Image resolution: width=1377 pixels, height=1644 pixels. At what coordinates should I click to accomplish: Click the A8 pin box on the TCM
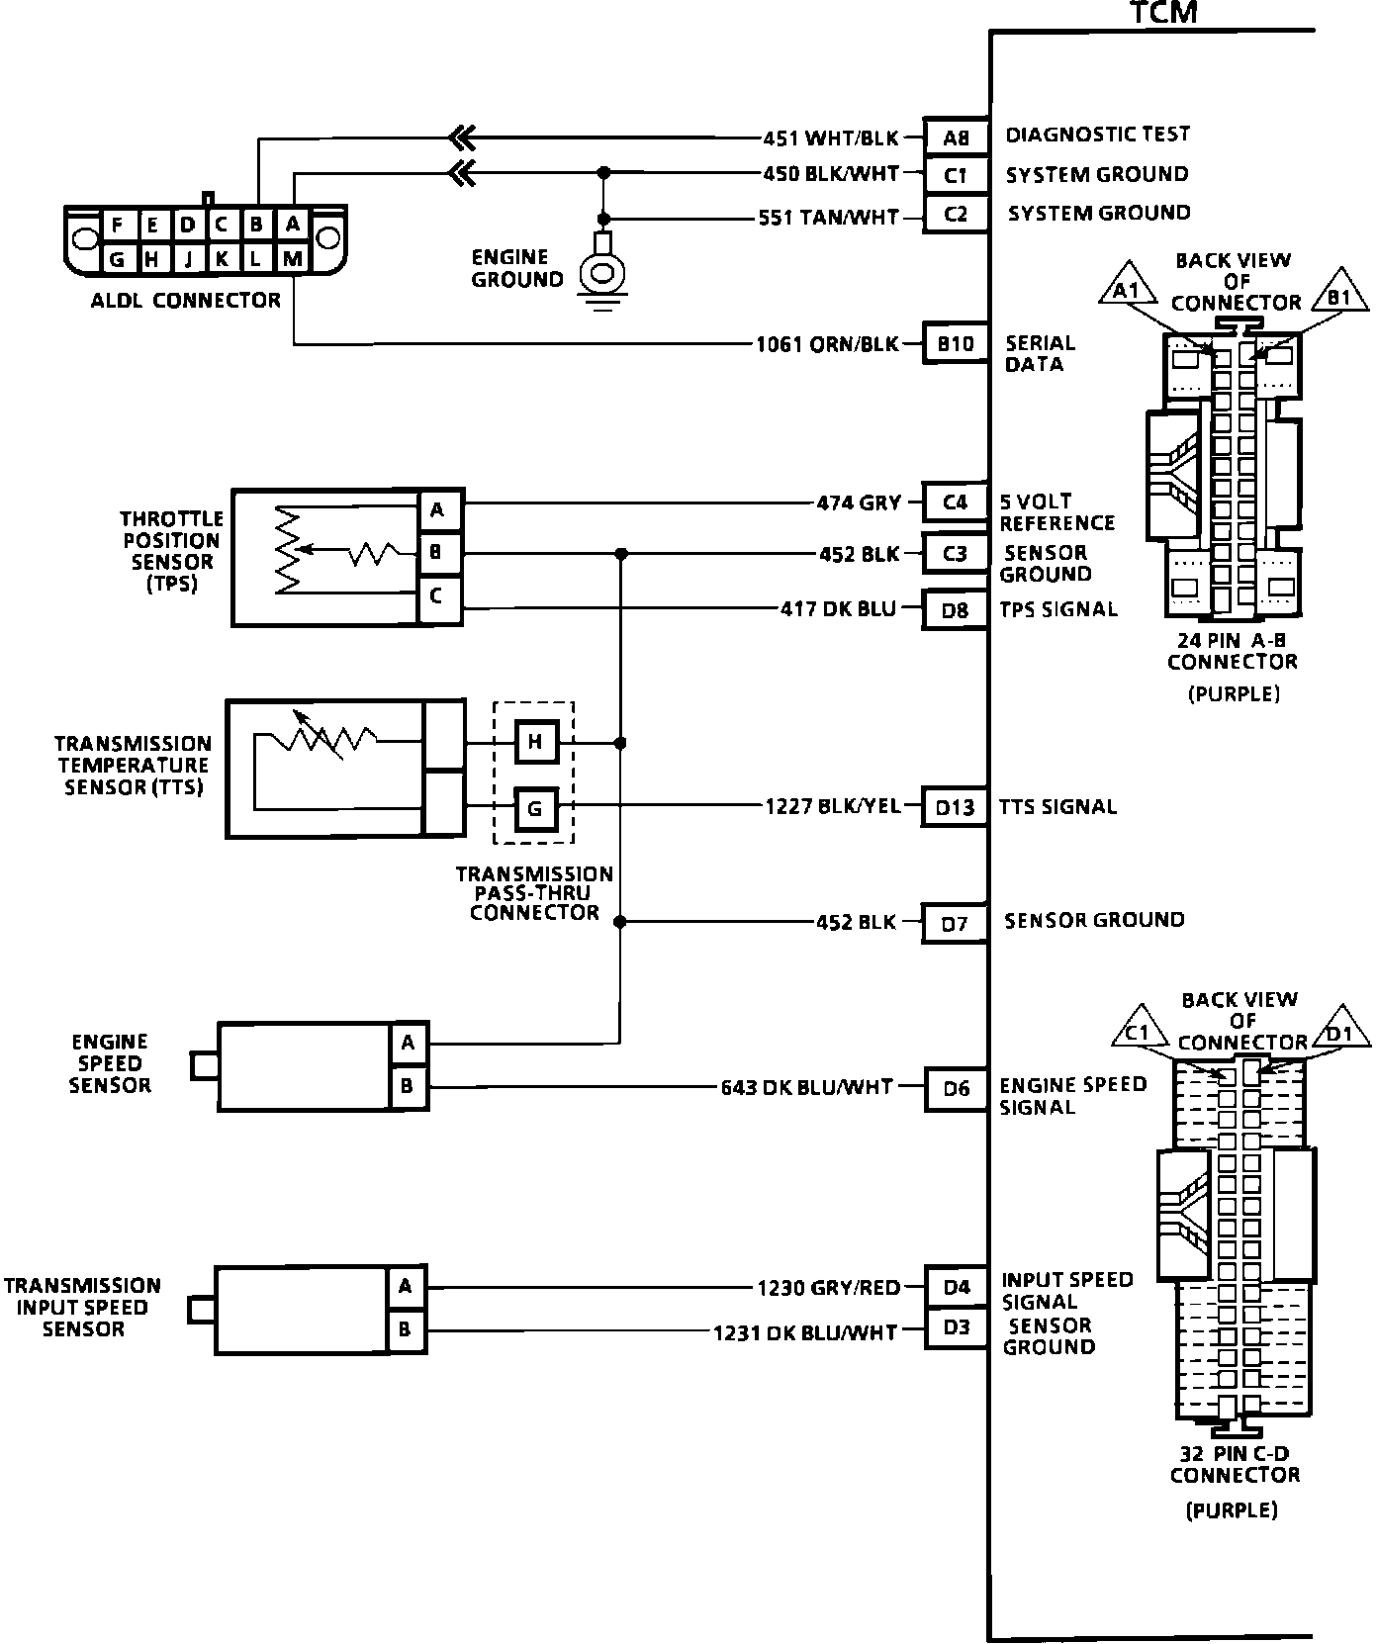tap(956, 137)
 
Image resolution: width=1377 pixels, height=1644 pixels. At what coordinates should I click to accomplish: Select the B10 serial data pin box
tap(956, 344)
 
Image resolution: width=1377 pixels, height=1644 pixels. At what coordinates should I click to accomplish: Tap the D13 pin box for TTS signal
tap(955, 807)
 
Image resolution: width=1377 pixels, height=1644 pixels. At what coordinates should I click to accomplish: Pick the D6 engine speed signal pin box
tap(956, 1089)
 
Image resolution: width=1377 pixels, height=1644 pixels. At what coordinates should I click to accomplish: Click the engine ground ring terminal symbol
tap(600, 270)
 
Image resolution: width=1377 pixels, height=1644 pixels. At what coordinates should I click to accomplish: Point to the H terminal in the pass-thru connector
tap(535, 742)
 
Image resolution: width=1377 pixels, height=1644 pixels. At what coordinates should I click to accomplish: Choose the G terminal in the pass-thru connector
tap(535, 808)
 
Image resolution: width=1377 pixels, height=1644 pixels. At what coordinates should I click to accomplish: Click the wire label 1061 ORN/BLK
tap(827, 344)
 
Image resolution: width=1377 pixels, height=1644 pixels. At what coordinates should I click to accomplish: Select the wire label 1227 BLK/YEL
tap(832, 807)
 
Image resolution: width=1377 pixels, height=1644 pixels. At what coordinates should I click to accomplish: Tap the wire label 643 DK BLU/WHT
tap(806, 1088)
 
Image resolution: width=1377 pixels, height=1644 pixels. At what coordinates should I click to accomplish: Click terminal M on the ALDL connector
tap(292, 259)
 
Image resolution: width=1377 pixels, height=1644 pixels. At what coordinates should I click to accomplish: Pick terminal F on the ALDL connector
tap(118, 226)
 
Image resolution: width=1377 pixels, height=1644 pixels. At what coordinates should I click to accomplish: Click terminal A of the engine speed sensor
tap(408, 1043)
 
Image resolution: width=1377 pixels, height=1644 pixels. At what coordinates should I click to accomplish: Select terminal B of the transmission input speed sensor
tap(405, 1329)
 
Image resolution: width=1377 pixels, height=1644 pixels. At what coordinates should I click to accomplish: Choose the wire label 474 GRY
tap(859, 502)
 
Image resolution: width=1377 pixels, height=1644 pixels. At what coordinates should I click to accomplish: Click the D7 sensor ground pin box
tap(955, 924)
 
